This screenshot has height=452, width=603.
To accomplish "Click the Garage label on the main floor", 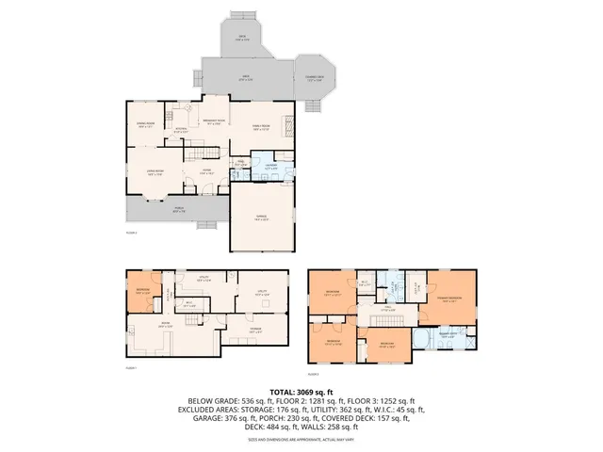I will point(261,217).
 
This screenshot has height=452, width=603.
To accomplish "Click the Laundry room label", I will point(270,168).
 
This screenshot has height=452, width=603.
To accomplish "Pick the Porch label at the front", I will point(179,211).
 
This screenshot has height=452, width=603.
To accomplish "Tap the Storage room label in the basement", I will point(255,330).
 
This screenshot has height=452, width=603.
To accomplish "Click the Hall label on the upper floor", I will point(387,308).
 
